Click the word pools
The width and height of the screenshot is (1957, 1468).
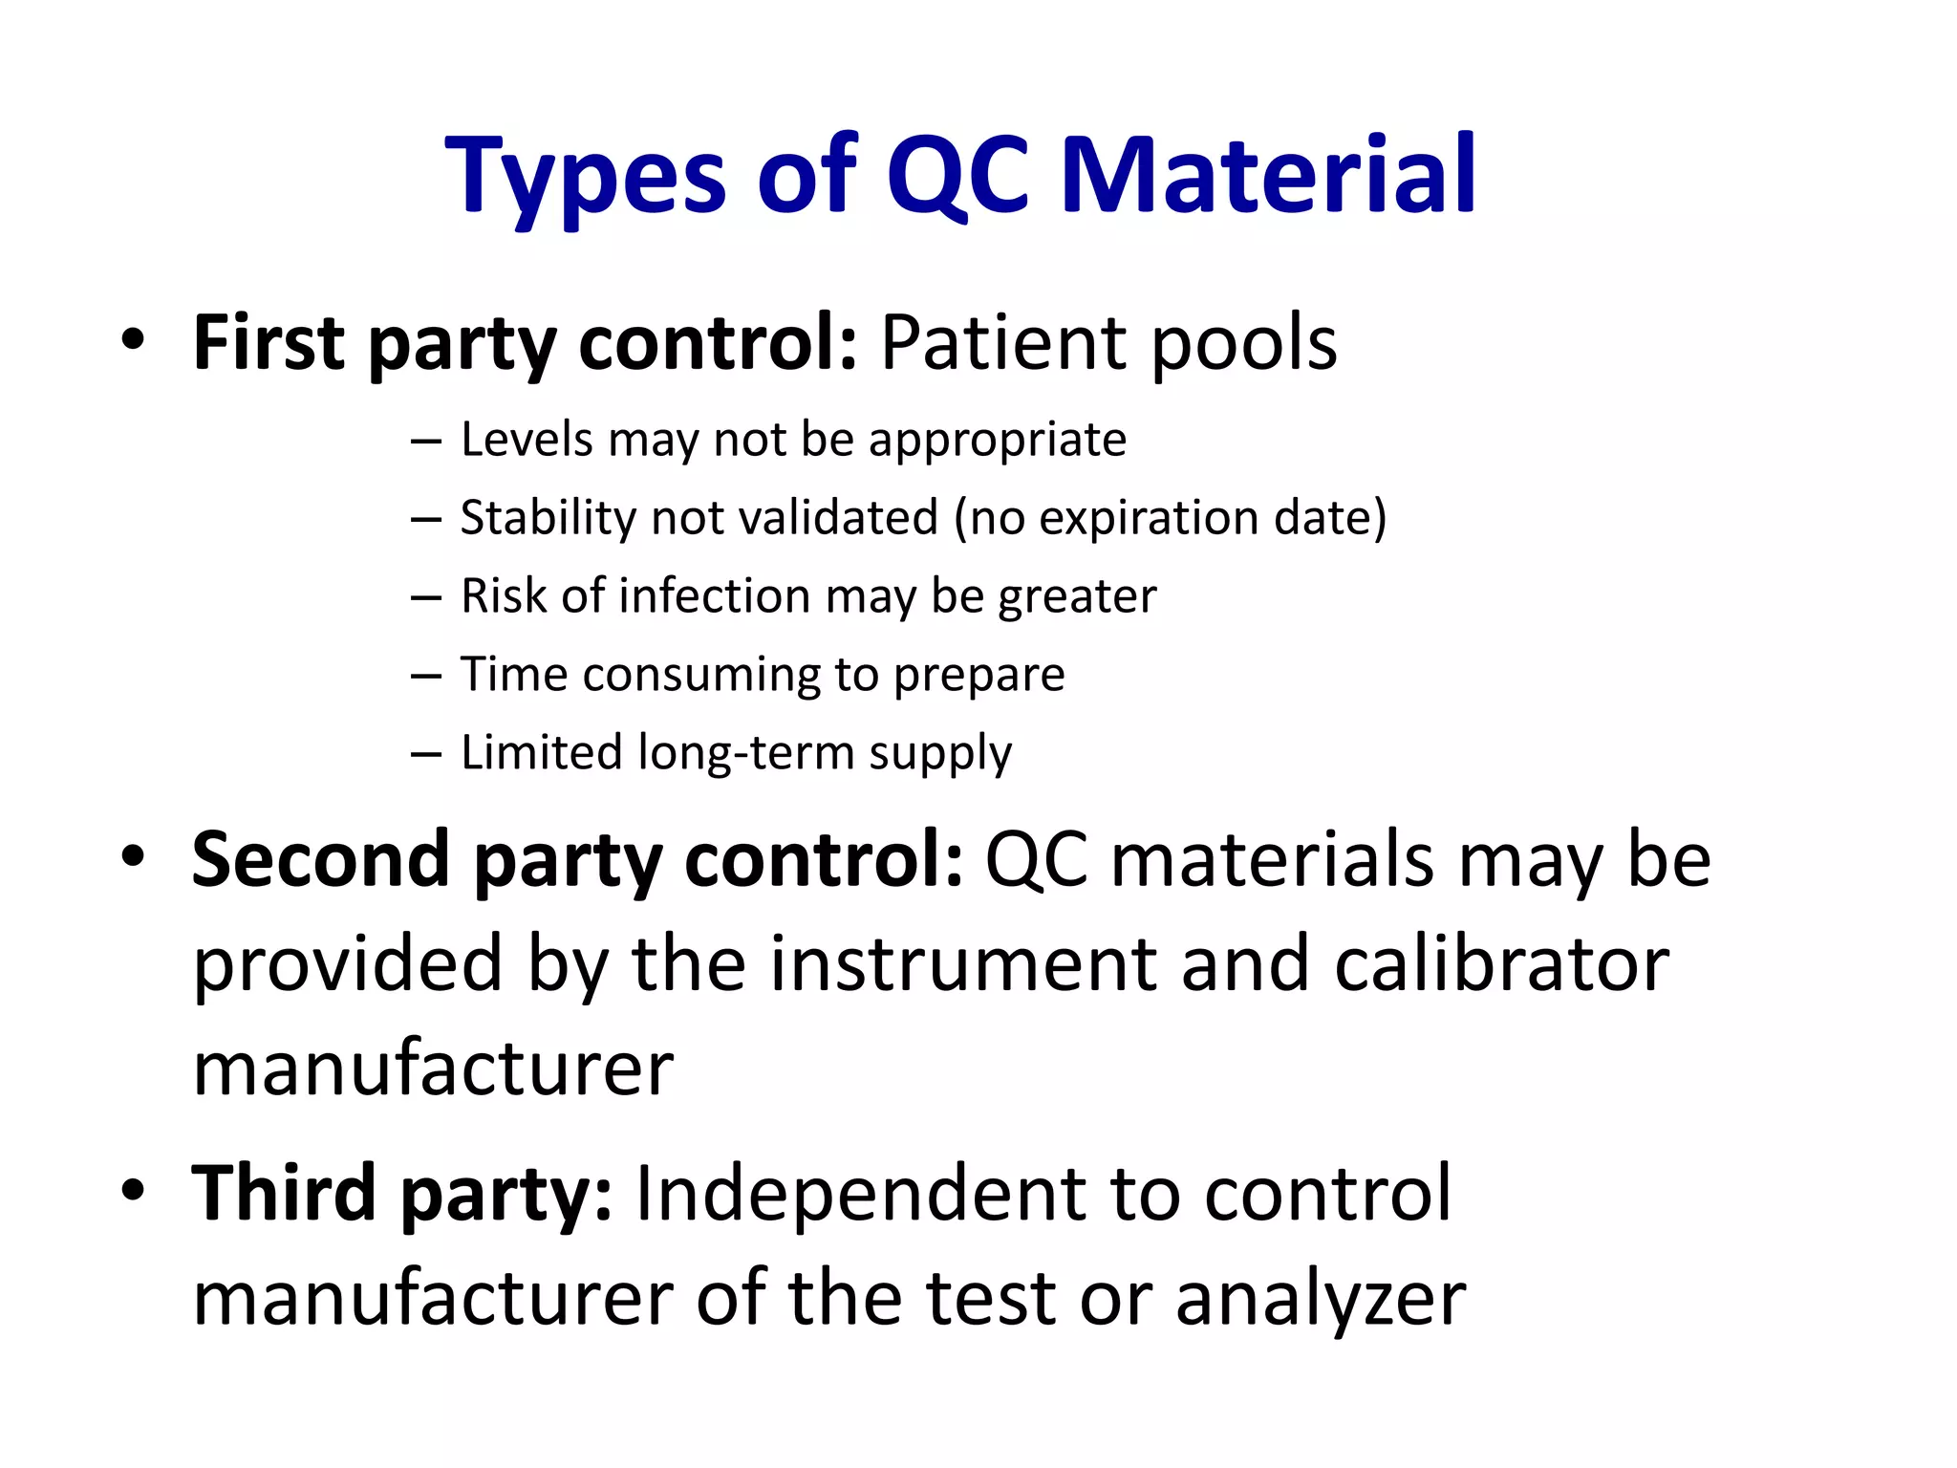point(1243,344)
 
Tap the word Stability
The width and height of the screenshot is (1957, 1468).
point(548,517)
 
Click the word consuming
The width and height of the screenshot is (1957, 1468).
point(701,676)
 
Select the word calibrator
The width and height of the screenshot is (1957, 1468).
point(1501,963)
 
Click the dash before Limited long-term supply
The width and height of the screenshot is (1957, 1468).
point(426,754)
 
